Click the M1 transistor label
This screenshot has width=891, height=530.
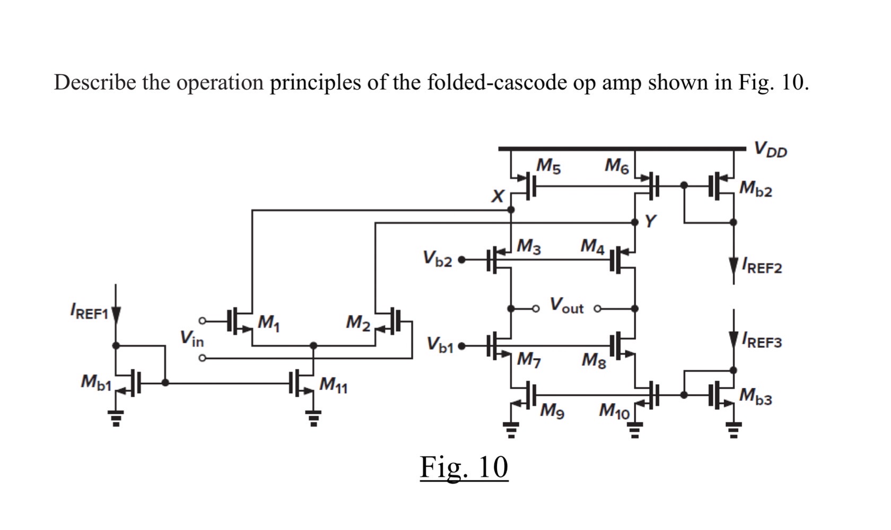click(268, 322)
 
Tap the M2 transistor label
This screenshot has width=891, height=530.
click(358, 322)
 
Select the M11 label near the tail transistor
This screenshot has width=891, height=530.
click(334, 385)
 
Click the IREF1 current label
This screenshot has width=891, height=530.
click(89, 312)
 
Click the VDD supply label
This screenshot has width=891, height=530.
click(771, 150)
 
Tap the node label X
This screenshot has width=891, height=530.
click(497, 197)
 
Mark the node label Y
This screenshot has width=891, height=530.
click(650, 221)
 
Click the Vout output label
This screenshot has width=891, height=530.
click(566, 306)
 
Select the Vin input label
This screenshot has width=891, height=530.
click(191, 339)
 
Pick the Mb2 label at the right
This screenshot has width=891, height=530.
click(756, 188)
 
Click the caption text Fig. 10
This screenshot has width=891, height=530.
click(464, 467)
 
